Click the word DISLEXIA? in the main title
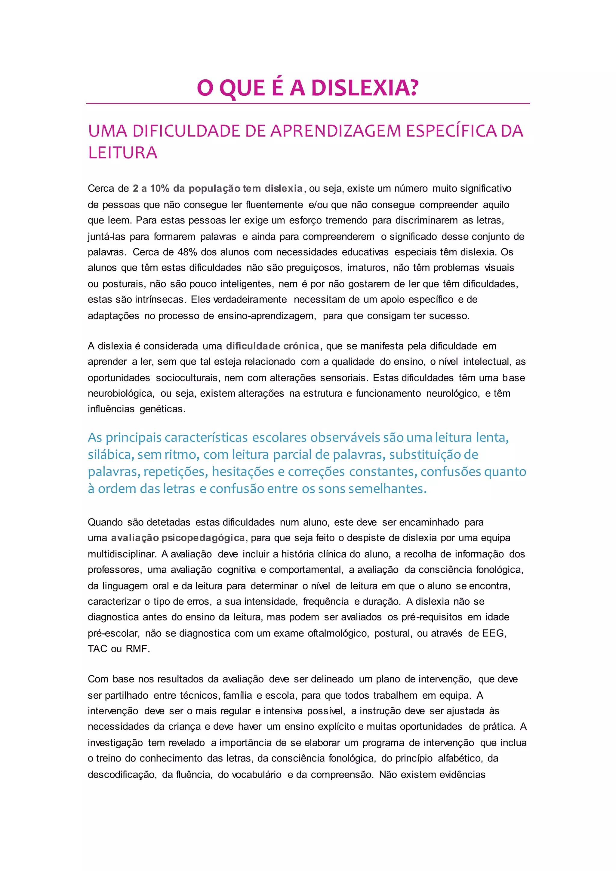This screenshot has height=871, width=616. click(365, 88)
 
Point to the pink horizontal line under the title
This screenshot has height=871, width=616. click(308, 103)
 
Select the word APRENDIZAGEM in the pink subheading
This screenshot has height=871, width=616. click(335, 131)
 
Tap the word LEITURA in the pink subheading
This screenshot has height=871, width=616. click(122, 153)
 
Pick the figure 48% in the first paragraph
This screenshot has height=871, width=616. click(187, 252)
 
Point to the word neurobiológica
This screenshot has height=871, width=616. click(121, 393)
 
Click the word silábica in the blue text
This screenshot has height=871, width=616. click(110, 454)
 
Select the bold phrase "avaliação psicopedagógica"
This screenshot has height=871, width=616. click(178, 538)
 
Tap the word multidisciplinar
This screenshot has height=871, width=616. click(122, 554)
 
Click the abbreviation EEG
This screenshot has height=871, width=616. click(494, 633)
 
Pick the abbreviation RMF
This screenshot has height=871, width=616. click(137, 649)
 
